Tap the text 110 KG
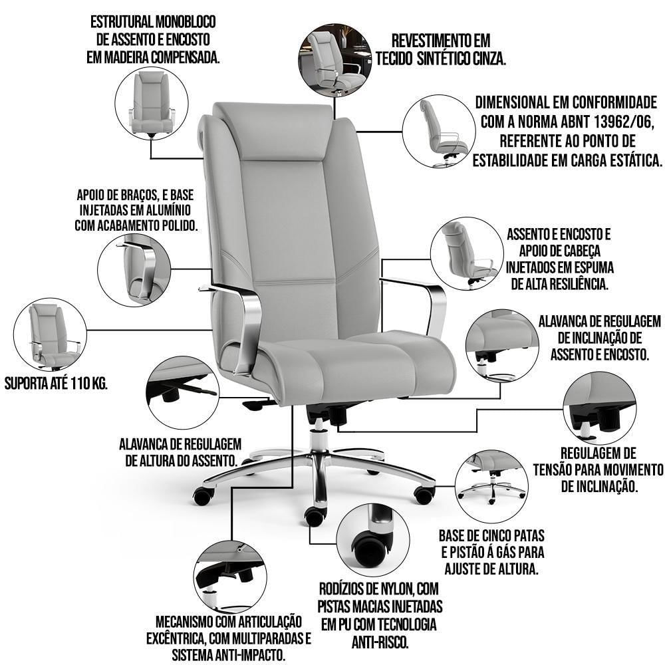90,383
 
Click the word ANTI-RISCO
380,642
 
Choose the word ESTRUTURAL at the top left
121,22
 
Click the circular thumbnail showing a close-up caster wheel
373,540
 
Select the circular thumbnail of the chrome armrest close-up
134,270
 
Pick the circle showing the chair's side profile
439,130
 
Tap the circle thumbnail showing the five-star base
491,487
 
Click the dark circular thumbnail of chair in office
335,61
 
